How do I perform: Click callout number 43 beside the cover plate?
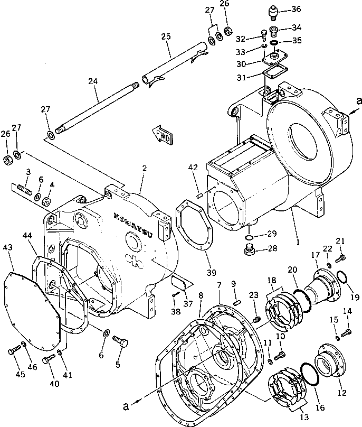tap(7, 247)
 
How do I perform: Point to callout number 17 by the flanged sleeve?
tap(316, 255)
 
